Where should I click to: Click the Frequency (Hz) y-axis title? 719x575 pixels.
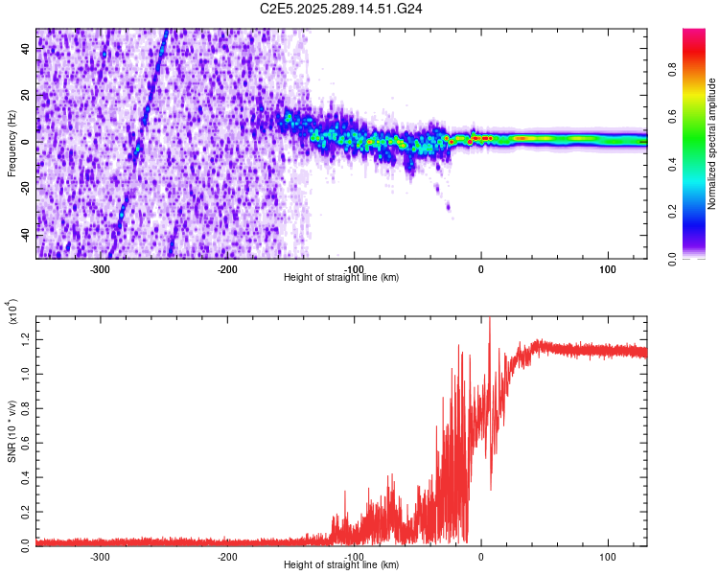click(x=12, y=144)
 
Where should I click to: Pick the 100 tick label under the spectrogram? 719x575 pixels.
click(x=607, y=269)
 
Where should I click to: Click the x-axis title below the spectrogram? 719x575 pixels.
click(x=342, y=278)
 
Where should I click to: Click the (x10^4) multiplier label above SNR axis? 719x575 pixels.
click(x=12, y=312)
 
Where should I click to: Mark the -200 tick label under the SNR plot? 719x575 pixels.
click(x=227, y=557)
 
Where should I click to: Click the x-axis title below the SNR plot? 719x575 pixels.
click(x=342, y=565)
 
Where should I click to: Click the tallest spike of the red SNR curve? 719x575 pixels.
click(x=489, y=320)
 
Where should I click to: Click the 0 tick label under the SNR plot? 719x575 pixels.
click(x=481, y=557)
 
